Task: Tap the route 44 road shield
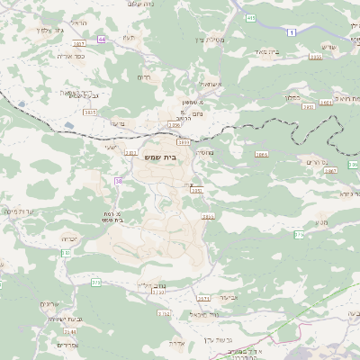pos(102,39)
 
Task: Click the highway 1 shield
pos(292,31)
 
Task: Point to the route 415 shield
pos(250,17)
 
